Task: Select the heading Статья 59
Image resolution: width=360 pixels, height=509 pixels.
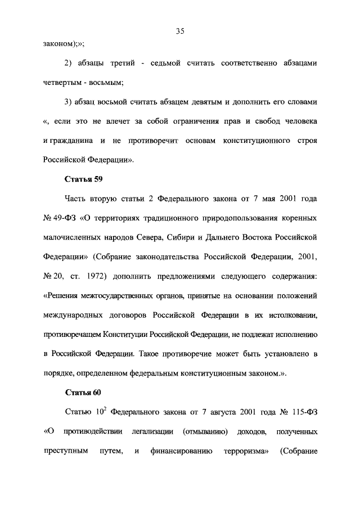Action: pos(83,179)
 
